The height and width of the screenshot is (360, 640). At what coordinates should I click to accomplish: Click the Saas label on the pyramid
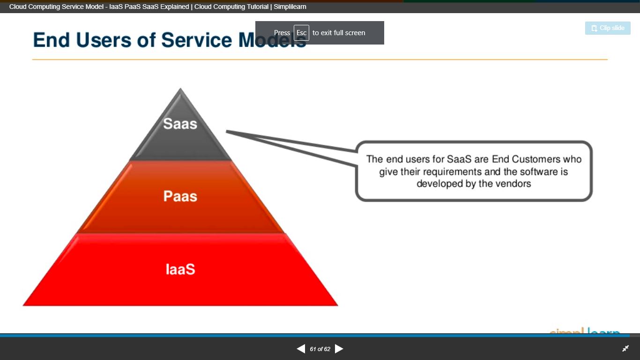(x=180, y=123)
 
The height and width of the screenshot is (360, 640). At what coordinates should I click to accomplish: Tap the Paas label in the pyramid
(x=180, y=196)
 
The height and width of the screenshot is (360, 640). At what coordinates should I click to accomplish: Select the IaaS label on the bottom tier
(x=180, y=269)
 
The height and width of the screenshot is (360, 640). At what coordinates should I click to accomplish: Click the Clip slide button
(x=608, y=28)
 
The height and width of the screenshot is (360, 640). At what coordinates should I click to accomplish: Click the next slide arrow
(x=339, y=349)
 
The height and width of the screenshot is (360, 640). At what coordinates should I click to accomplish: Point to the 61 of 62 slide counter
(x=320, y=349)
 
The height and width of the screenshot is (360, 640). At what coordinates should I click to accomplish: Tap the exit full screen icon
(x=625, y=349)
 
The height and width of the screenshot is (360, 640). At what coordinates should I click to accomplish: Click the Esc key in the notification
(x=301, y=33)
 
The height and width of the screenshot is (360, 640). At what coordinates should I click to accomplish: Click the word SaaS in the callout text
(x=459, y=159)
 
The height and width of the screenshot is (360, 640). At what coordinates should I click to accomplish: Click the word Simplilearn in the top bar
(x=290, y=7)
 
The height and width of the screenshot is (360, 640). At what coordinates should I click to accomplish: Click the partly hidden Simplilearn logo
(x=584, y=331)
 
